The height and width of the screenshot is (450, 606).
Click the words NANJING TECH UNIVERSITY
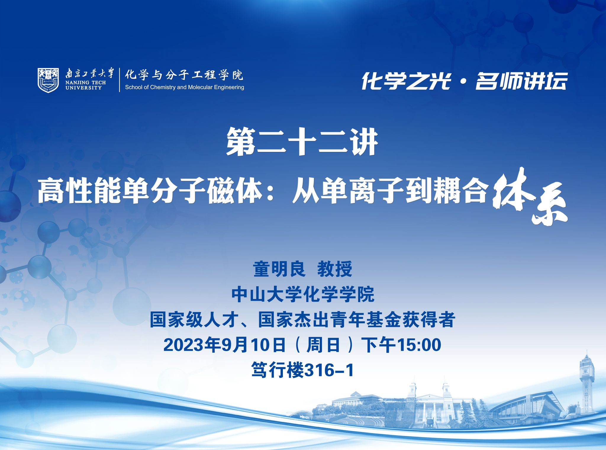86,85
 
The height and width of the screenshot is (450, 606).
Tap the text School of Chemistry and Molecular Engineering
185,87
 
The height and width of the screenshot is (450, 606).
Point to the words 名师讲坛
521,81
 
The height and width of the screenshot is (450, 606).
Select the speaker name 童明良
279,269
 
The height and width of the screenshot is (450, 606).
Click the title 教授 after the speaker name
335,269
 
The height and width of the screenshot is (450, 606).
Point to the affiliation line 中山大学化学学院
303,294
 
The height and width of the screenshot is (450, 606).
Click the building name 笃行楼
278,370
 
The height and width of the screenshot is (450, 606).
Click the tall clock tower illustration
587,382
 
